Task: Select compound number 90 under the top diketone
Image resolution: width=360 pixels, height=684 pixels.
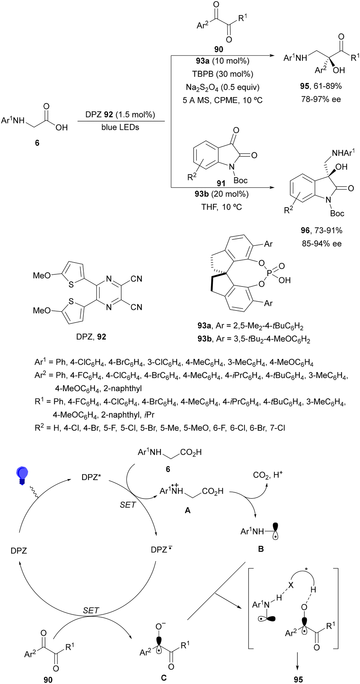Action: click(219, 49)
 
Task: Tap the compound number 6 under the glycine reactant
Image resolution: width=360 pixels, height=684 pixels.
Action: click(37, 143)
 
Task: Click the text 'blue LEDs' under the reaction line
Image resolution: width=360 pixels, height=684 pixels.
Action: click(120, 127)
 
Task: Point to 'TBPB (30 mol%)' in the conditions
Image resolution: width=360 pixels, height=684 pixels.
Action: click(222, 74)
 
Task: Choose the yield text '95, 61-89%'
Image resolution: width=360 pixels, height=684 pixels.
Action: click(321, 86)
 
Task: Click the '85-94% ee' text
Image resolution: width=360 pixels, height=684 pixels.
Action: click(321, 244)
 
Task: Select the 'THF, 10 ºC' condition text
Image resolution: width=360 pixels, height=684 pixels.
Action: click(221, 207)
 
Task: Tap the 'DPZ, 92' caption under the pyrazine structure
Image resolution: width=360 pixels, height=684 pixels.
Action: click(91, 337)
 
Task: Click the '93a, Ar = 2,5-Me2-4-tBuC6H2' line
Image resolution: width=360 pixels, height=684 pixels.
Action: click(250, 326)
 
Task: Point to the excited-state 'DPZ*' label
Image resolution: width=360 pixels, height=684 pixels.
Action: click(91, 477)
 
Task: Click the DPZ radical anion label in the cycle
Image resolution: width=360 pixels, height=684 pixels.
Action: click(161, 550)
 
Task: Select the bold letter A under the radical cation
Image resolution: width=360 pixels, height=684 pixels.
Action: click(188, 510)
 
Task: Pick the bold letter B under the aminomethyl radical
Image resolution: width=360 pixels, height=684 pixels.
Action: click(261, 549)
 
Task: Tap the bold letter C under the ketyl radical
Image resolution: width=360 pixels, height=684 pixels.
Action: click(163, 678)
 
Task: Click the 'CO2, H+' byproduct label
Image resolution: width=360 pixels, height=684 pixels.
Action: click(267, 475)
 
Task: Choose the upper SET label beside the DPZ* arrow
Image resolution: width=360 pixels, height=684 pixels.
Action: click(128, 505)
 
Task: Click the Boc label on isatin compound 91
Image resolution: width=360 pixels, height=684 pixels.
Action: click(240, 180)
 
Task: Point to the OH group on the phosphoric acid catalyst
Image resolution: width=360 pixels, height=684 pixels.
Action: click(284, 280)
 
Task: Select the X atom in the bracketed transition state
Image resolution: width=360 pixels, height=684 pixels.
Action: click(291, 585)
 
